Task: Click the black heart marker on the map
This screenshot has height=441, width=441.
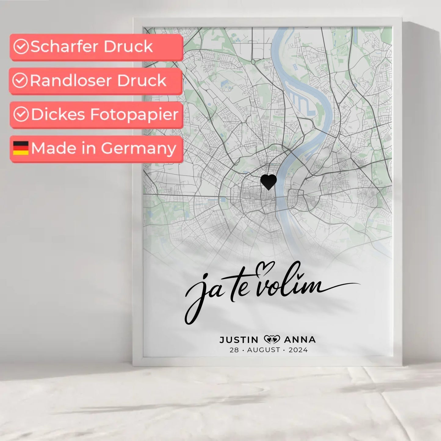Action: click(x=269, y=182)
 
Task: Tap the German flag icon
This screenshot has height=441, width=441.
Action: click(x=21, y=148)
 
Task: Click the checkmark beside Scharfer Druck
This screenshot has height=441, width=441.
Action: click(x=21, y=47)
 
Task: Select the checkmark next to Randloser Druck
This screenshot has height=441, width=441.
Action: click(x=20, y=81)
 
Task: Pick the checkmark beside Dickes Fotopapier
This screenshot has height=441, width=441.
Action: click(x=21, y=114)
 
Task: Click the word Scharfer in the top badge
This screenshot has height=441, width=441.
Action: click(x=64, y=47)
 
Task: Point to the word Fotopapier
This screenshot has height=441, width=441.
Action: click(x=134, y=115)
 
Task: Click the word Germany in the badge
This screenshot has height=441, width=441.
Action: click(x=138, y=149)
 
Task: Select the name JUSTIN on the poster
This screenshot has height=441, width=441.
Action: click(x=239, y=340)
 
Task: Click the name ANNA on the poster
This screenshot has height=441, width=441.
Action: click(x=300, y=340)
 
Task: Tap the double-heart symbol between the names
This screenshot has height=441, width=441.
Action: click(x=272, y=339)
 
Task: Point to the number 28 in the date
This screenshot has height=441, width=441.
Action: click(x=234, y=350)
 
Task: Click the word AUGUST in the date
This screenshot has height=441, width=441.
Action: click(x=263, y=350)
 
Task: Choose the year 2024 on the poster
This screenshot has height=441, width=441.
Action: click(x=298, y=350)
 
